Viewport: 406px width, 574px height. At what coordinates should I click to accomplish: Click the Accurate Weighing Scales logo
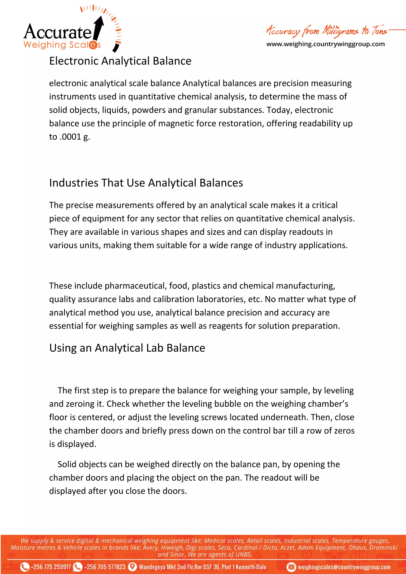coord(62,35)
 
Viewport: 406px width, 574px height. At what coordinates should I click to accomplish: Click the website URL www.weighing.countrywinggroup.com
coord(326,44)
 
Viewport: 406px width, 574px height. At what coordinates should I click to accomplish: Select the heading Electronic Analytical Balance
coord(120,61)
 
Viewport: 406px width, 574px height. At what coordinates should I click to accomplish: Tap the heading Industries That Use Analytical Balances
coord(146,183)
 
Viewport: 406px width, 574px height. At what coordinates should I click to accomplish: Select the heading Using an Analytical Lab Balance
coord(127,348)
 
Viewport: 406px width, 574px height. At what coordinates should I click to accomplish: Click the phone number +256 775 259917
coord(51,567)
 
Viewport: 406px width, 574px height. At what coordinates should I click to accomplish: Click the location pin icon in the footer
coord(132,567)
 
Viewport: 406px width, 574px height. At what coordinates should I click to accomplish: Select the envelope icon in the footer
coord(291,567)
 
